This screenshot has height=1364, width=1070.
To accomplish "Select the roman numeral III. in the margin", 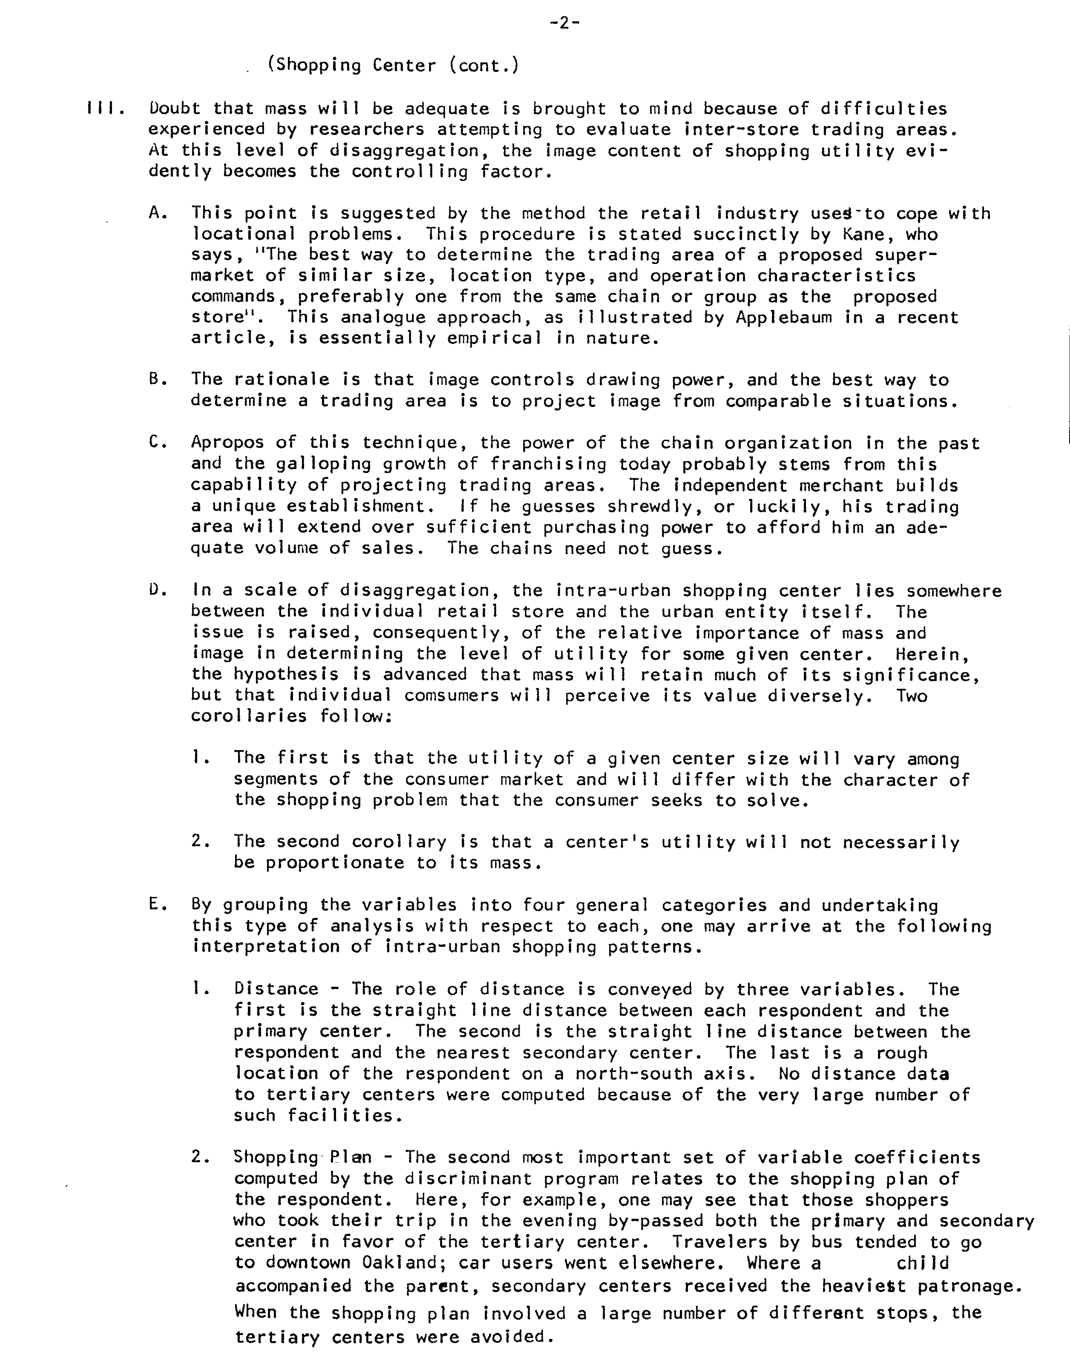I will pos(106,109).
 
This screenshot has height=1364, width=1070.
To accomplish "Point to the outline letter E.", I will pos(158,905).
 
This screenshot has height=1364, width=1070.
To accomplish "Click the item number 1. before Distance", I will pos(200,989).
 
